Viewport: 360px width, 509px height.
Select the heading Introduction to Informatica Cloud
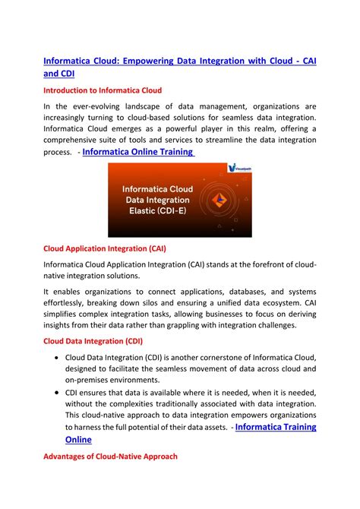tap(108, 90)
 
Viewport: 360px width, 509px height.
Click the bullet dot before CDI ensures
tap(58, 393)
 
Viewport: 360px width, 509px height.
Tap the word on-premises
tap(93, 380)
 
